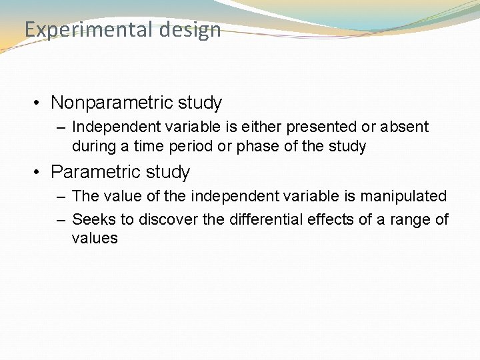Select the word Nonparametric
pos(112,103)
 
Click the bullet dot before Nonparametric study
pos(39,103)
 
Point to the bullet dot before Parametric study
pos(39,173)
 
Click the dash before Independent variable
pos(61,127)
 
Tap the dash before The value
pos(61,197)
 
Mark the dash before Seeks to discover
pos(61,219)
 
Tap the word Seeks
pos(91,219)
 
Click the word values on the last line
pos(94,239)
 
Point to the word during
pos(92,146)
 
